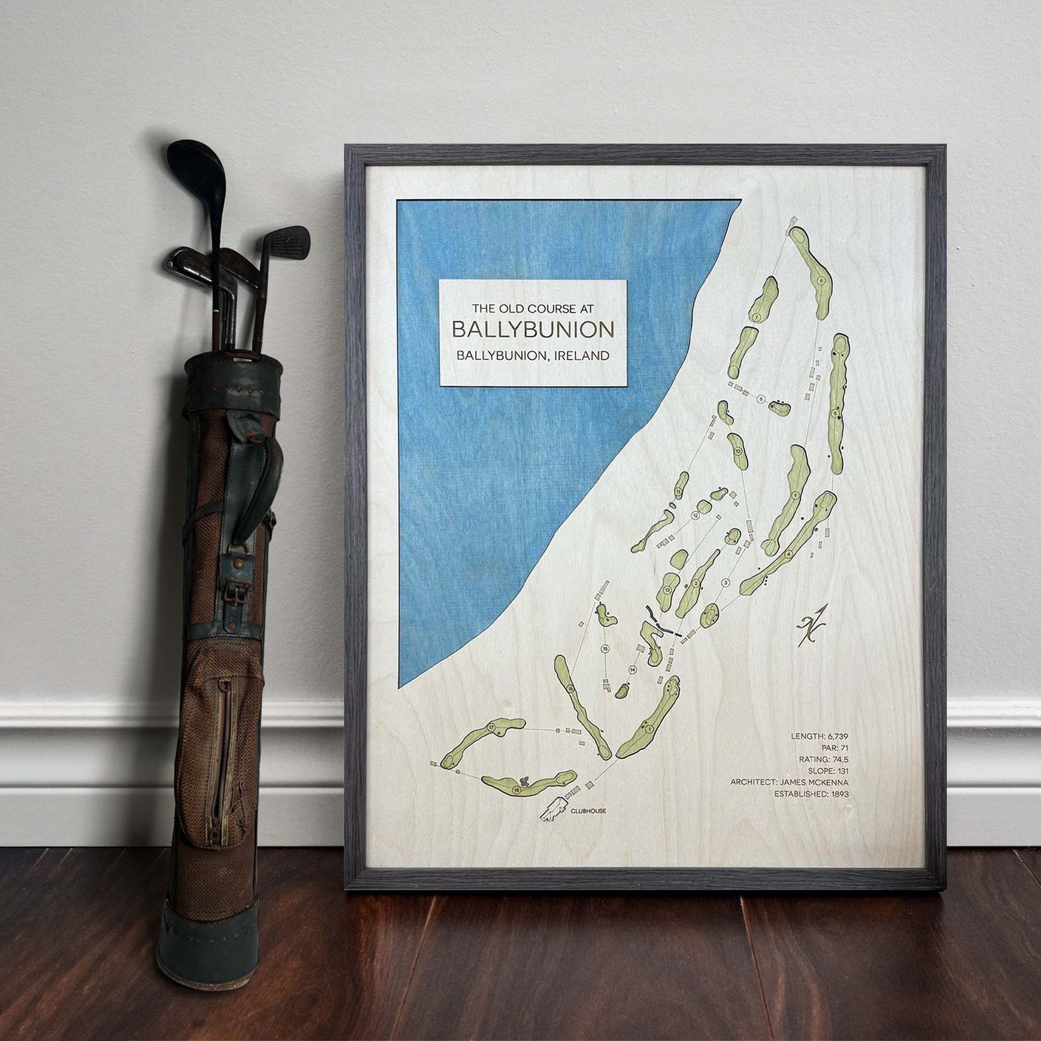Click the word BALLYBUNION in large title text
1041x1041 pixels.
coord(532,330)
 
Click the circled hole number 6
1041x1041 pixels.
coord(821,280)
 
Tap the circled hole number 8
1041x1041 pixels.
coord(761,399)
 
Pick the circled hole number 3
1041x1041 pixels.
coord(725,582)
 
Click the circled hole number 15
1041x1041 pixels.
coord(606,649)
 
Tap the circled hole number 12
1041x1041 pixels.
coord(695,516)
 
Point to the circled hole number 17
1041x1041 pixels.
coord(491,728)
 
